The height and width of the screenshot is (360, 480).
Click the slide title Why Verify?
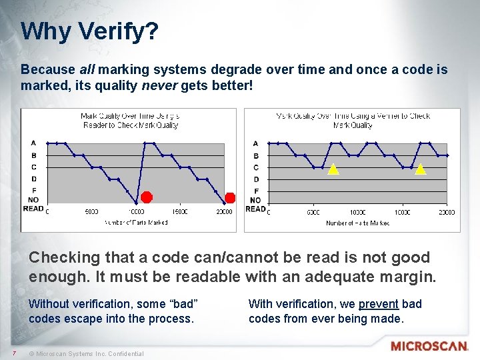pos(89,31)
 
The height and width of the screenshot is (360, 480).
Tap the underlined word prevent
pos(378,304)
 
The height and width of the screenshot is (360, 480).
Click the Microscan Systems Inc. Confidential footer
pos(89,353)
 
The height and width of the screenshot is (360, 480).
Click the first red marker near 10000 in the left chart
pos(147,197)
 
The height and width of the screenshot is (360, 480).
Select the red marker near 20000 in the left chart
pos(230,197)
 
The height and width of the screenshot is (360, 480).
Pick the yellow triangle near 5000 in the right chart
pos(333,169)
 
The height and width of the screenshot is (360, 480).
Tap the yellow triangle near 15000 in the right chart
pos(420,169)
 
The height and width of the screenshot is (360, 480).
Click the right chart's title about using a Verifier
pos(353,120)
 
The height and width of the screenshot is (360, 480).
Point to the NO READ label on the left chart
pos(33,204)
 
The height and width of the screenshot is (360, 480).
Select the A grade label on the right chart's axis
pos(256,143)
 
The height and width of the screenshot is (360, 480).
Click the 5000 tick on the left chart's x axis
pos(91,212)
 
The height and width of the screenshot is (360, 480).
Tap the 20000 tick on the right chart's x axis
pos(446,212)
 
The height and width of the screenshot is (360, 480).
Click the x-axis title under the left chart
pos(135,222)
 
